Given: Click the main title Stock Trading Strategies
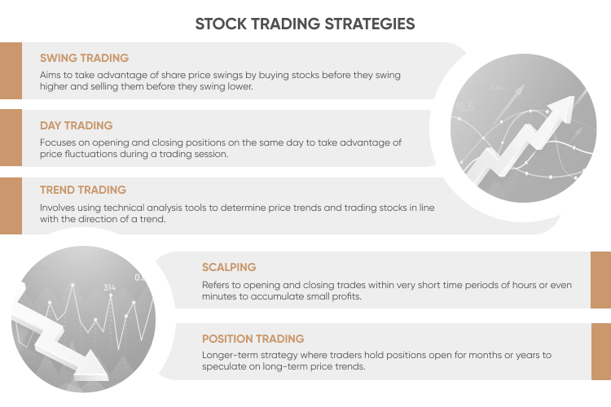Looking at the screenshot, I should tap(305, 24).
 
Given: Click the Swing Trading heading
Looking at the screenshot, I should tap(85, 59).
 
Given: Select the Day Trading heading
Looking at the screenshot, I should tap(76, 126).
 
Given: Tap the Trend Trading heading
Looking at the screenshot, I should tap(83, 190).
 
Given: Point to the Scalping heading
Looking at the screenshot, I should tap(229, 267).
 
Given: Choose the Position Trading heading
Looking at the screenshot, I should tap(253, 339).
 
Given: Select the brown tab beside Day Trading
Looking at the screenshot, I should tap(11, 138).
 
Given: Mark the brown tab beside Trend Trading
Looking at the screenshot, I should tap(11, 205).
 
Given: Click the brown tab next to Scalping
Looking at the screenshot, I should tap(600, 280).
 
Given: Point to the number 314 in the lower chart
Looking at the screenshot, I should tap(110, 287).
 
